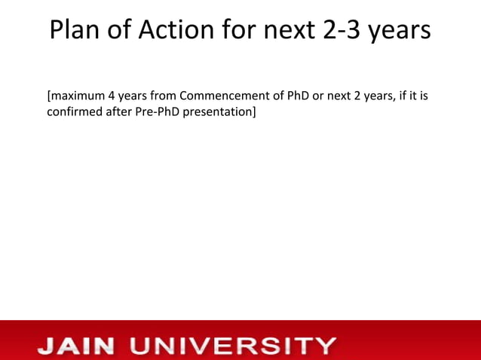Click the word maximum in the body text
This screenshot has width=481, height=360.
(x=78, y=96)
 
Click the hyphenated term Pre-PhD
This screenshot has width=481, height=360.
(x=158, y=112)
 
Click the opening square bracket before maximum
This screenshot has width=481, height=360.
(x=49, y=96)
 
